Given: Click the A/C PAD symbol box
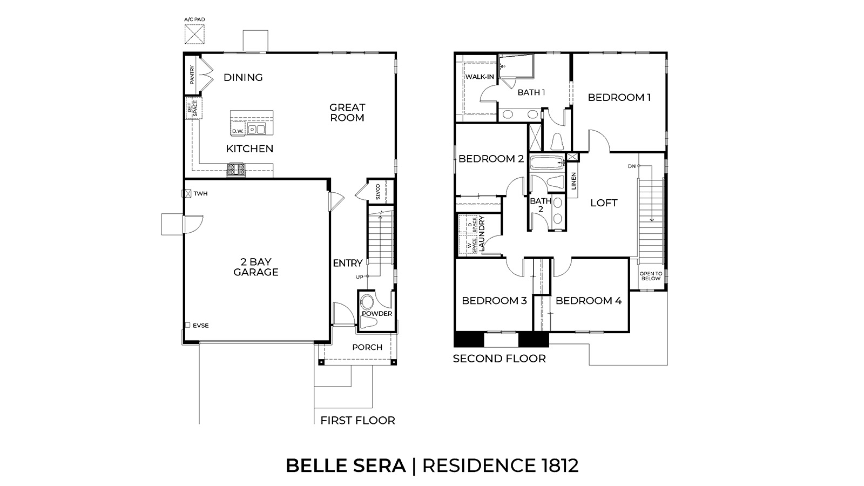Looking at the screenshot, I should [x=194, y=33].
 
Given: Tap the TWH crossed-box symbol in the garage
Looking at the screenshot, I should [x=187, y=193].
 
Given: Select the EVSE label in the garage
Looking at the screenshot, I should [x=200, y=326].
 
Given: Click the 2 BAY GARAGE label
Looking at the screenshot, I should [x=256, y=267].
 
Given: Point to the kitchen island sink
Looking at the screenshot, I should [x=256, y=130].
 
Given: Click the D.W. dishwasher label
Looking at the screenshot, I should [x=238, y=131].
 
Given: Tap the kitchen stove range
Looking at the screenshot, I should [x=237, y=170].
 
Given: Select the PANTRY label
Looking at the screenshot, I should [x=192, y=75].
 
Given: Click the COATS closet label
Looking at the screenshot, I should [x=377, y=192].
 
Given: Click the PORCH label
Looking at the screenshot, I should [x=367, y=347].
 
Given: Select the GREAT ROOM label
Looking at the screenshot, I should [x=347, y=112].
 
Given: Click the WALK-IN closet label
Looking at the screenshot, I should [x=480, y=77].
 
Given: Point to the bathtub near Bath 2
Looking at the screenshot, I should [x=546, y=163].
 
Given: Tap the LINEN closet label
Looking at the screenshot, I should [x=573, y=181].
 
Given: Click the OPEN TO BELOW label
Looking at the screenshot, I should [x=651, y=276].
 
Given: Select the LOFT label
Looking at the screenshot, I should [x=604, y=203].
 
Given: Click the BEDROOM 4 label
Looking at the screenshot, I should [x=589, y=301].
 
